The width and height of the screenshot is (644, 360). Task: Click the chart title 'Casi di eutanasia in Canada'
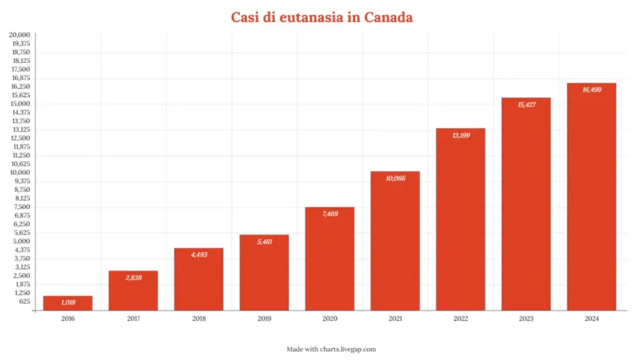[321, 17]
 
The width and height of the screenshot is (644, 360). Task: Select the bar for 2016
[68, 303]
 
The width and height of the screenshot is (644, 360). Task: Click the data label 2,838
[133, 277]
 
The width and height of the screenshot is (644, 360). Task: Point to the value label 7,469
[330, 214]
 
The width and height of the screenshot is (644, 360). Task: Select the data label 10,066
[395, 178]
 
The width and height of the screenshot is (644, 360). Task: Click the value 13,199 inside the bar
[460, 135]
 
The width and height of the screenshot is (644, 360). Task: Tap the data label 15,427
[526, 104]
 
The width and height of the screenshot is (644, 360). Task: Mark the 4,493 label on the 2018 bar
[199, 254]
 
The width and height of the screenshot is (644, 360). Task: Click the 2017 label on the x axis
[133, 319]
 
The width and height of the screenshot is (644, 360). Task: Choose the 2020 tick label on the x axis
[330, 319]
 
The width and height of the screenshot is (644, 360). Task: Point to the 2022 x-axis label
[460, 319]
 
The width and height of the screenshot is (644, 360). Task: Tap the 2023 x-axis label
[526, 319]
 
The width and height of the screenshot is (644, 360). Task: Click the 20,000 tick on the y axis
[21, 35]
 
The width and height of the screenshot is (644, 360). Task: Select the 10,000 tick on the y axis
[21, 172]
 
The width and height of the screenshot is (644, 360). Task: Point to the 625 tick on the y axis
[24, 301]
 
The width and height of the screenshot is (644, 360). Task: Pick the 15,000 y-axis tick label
[21, 103]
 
